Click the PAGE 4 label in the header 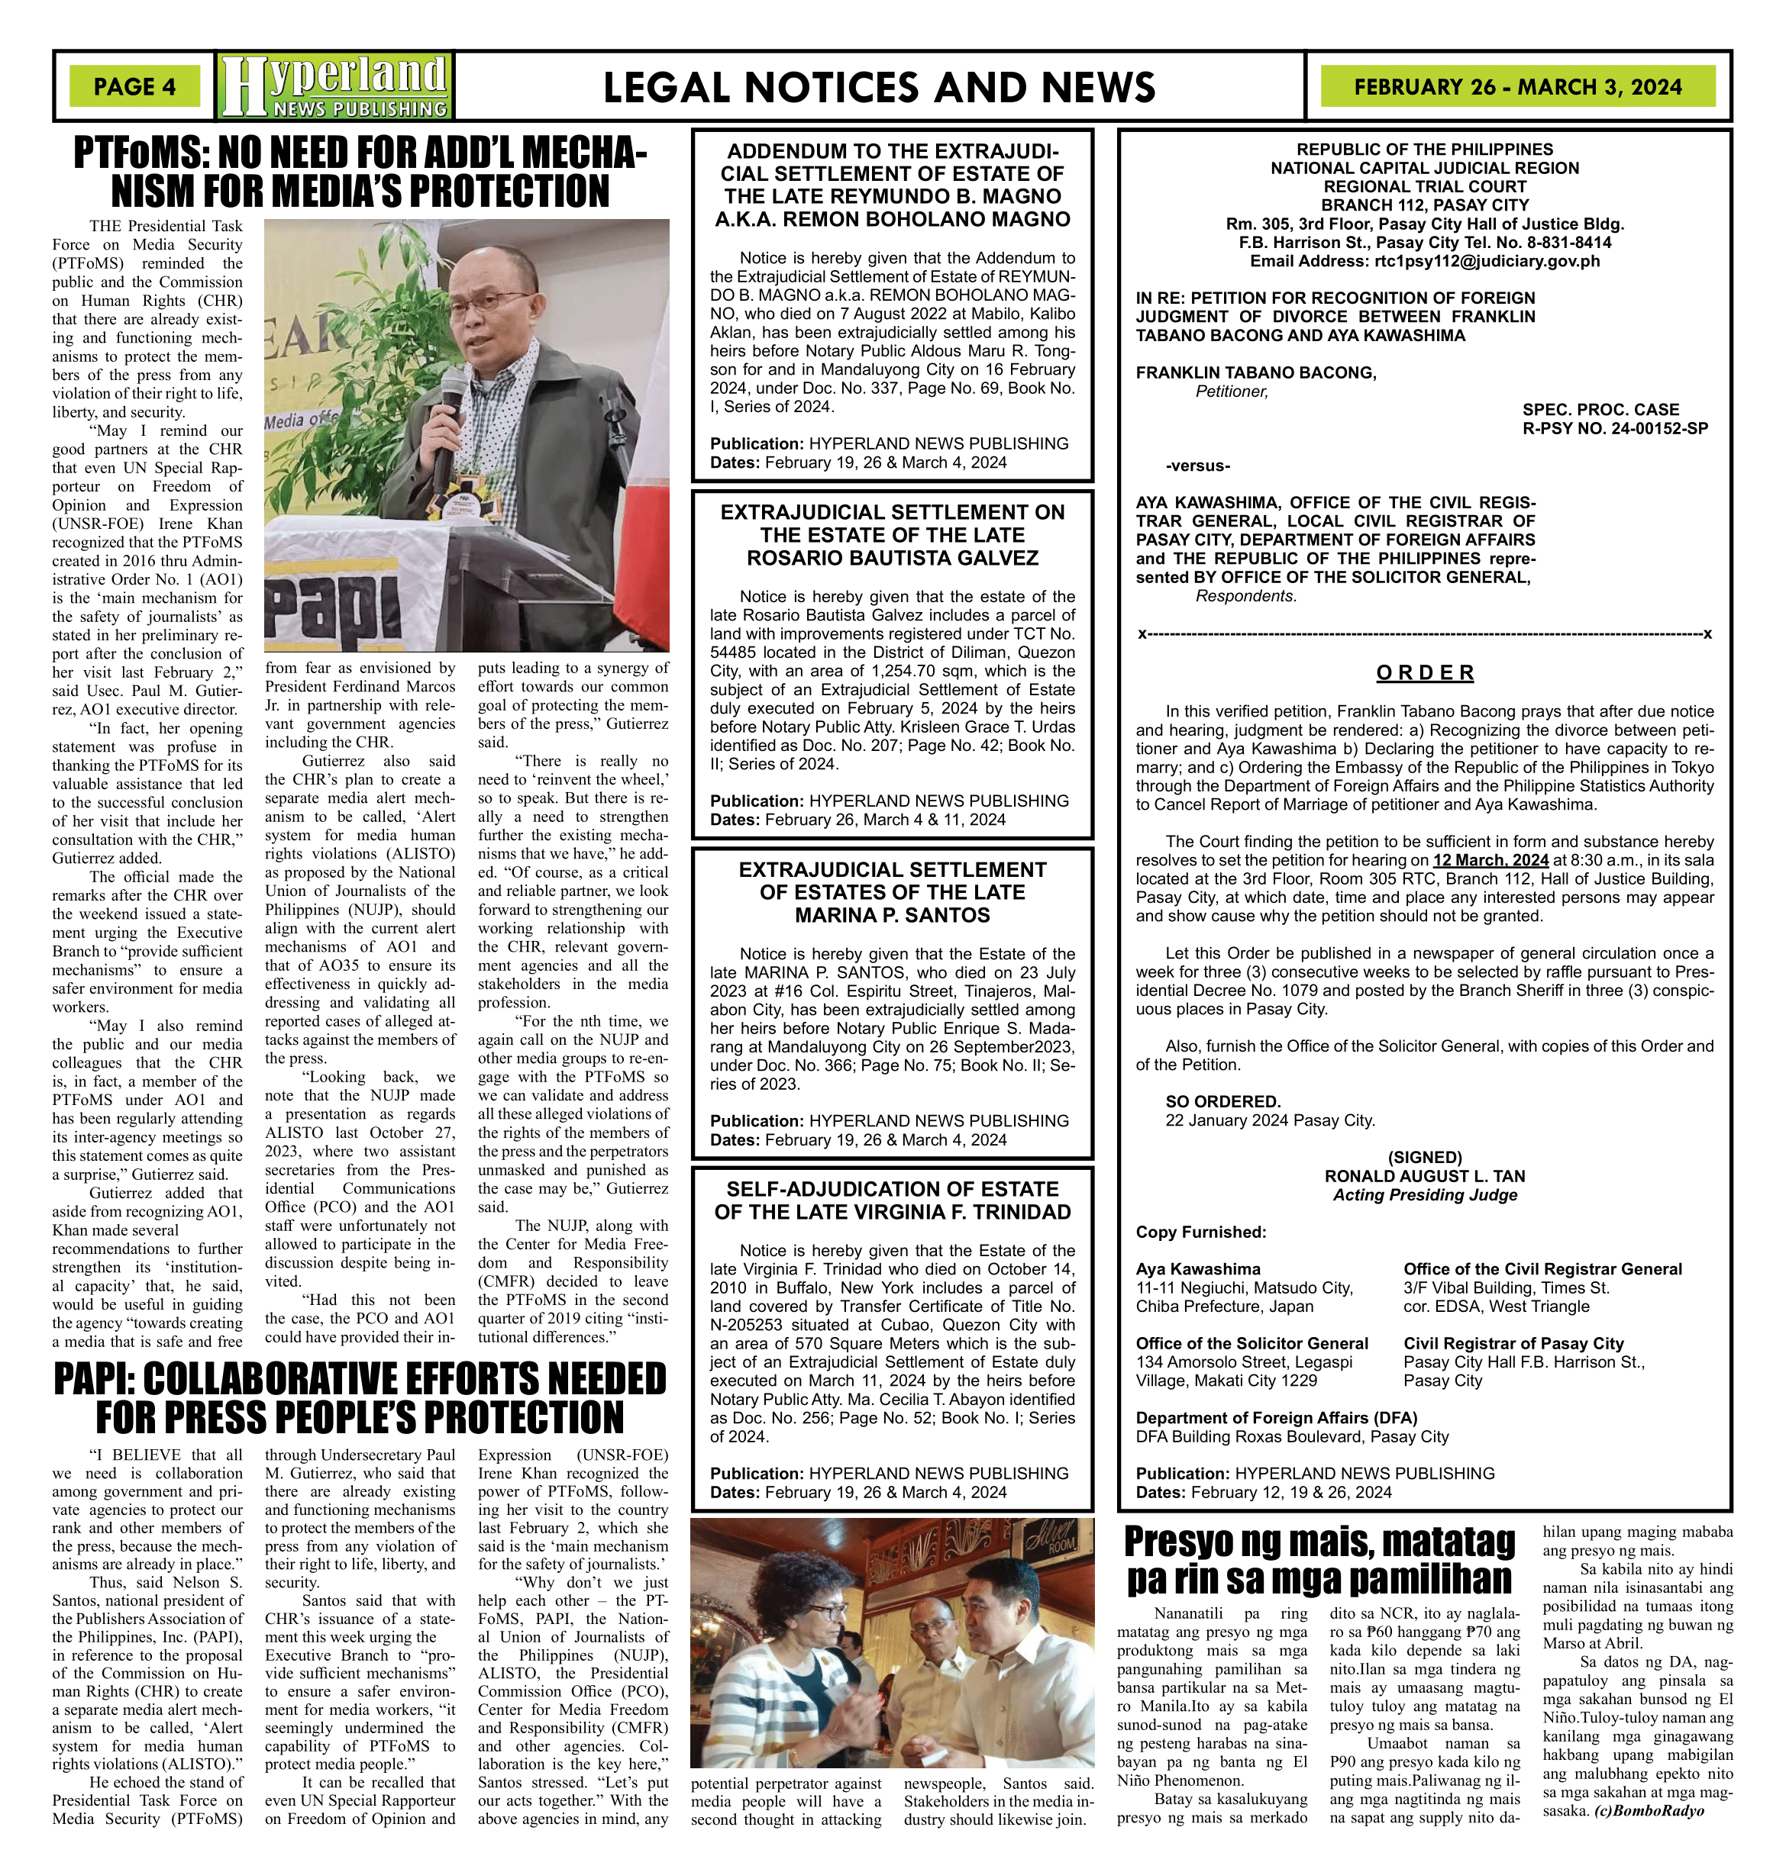coord(134,86)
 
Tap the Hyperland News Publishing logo coord(335,85)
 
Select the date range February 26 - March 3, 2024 coord(1517,86)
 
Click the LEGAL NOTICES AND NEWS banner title coord(879,88)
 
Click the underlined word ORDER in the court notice coord(1424,673)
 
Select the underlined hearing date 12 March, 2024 coord(1490,860)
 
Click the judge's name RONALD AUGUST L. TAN coord(1424,1176)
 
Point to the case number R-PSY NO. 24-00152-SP coord(1615,428)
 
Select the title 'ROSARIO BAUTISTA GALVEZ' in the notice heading coord(892,558)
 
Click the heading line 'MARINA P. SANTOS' coord(892,916)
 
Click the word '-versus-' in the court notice coord(1197,466)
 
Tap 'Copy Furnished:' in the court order coord(1200,1233)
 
